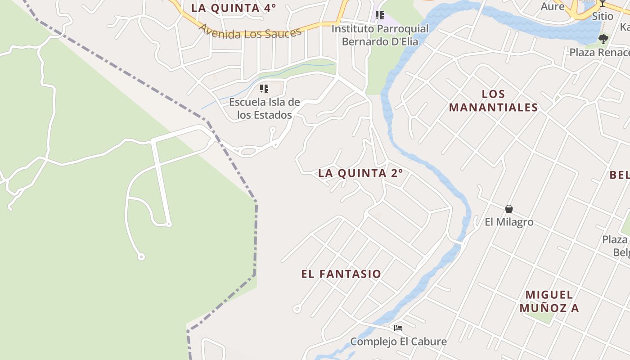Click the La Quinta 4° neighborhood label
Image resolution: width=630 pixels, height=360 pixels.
[233, 8]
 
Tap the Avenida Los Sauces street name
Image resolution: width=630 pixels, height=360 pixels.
[250, 32]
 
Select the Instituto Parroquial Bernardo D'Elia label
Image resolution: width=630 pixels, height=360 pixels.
[380, 35]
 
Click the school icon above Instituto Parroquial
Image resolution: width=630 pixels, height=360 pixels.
[380, 16]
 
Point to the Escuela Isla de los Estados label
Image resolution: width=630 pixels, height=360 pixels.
[265, 108]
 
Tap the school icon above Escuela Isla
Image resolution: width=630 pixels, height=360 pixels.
[264, 89]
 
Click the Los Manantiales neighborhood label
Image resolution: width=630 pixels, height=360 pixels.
[493, 101]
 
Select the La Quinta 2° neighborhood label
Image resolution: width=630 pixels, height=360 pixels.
[360, 173]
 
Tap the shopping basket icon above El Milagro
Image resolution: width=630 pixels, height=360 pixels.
[509, 209]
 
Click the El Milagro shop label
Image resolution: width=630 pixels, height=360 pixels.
[509, 222]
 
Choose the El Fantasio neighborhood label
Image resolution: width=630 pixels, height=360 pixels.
[341, 274]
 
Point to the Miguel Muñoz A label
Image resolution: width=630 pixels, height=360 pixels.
[549, 301]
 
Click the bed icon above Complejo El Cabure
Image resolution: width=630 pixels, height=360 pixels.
[398, 328]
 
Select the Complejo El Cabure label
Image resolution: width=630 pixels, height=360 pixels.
[398, 342]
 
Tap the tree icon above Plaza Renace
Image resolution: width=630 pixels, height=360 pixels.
[603, 39]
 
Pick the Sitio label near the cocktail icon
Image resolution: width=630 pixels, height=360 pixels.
[602, 16]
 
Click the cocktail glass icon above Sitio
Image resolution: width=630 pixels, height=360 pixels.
[602, 3]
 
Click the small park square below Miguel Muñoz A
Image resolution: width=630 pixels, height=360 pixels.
[542, 316]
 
